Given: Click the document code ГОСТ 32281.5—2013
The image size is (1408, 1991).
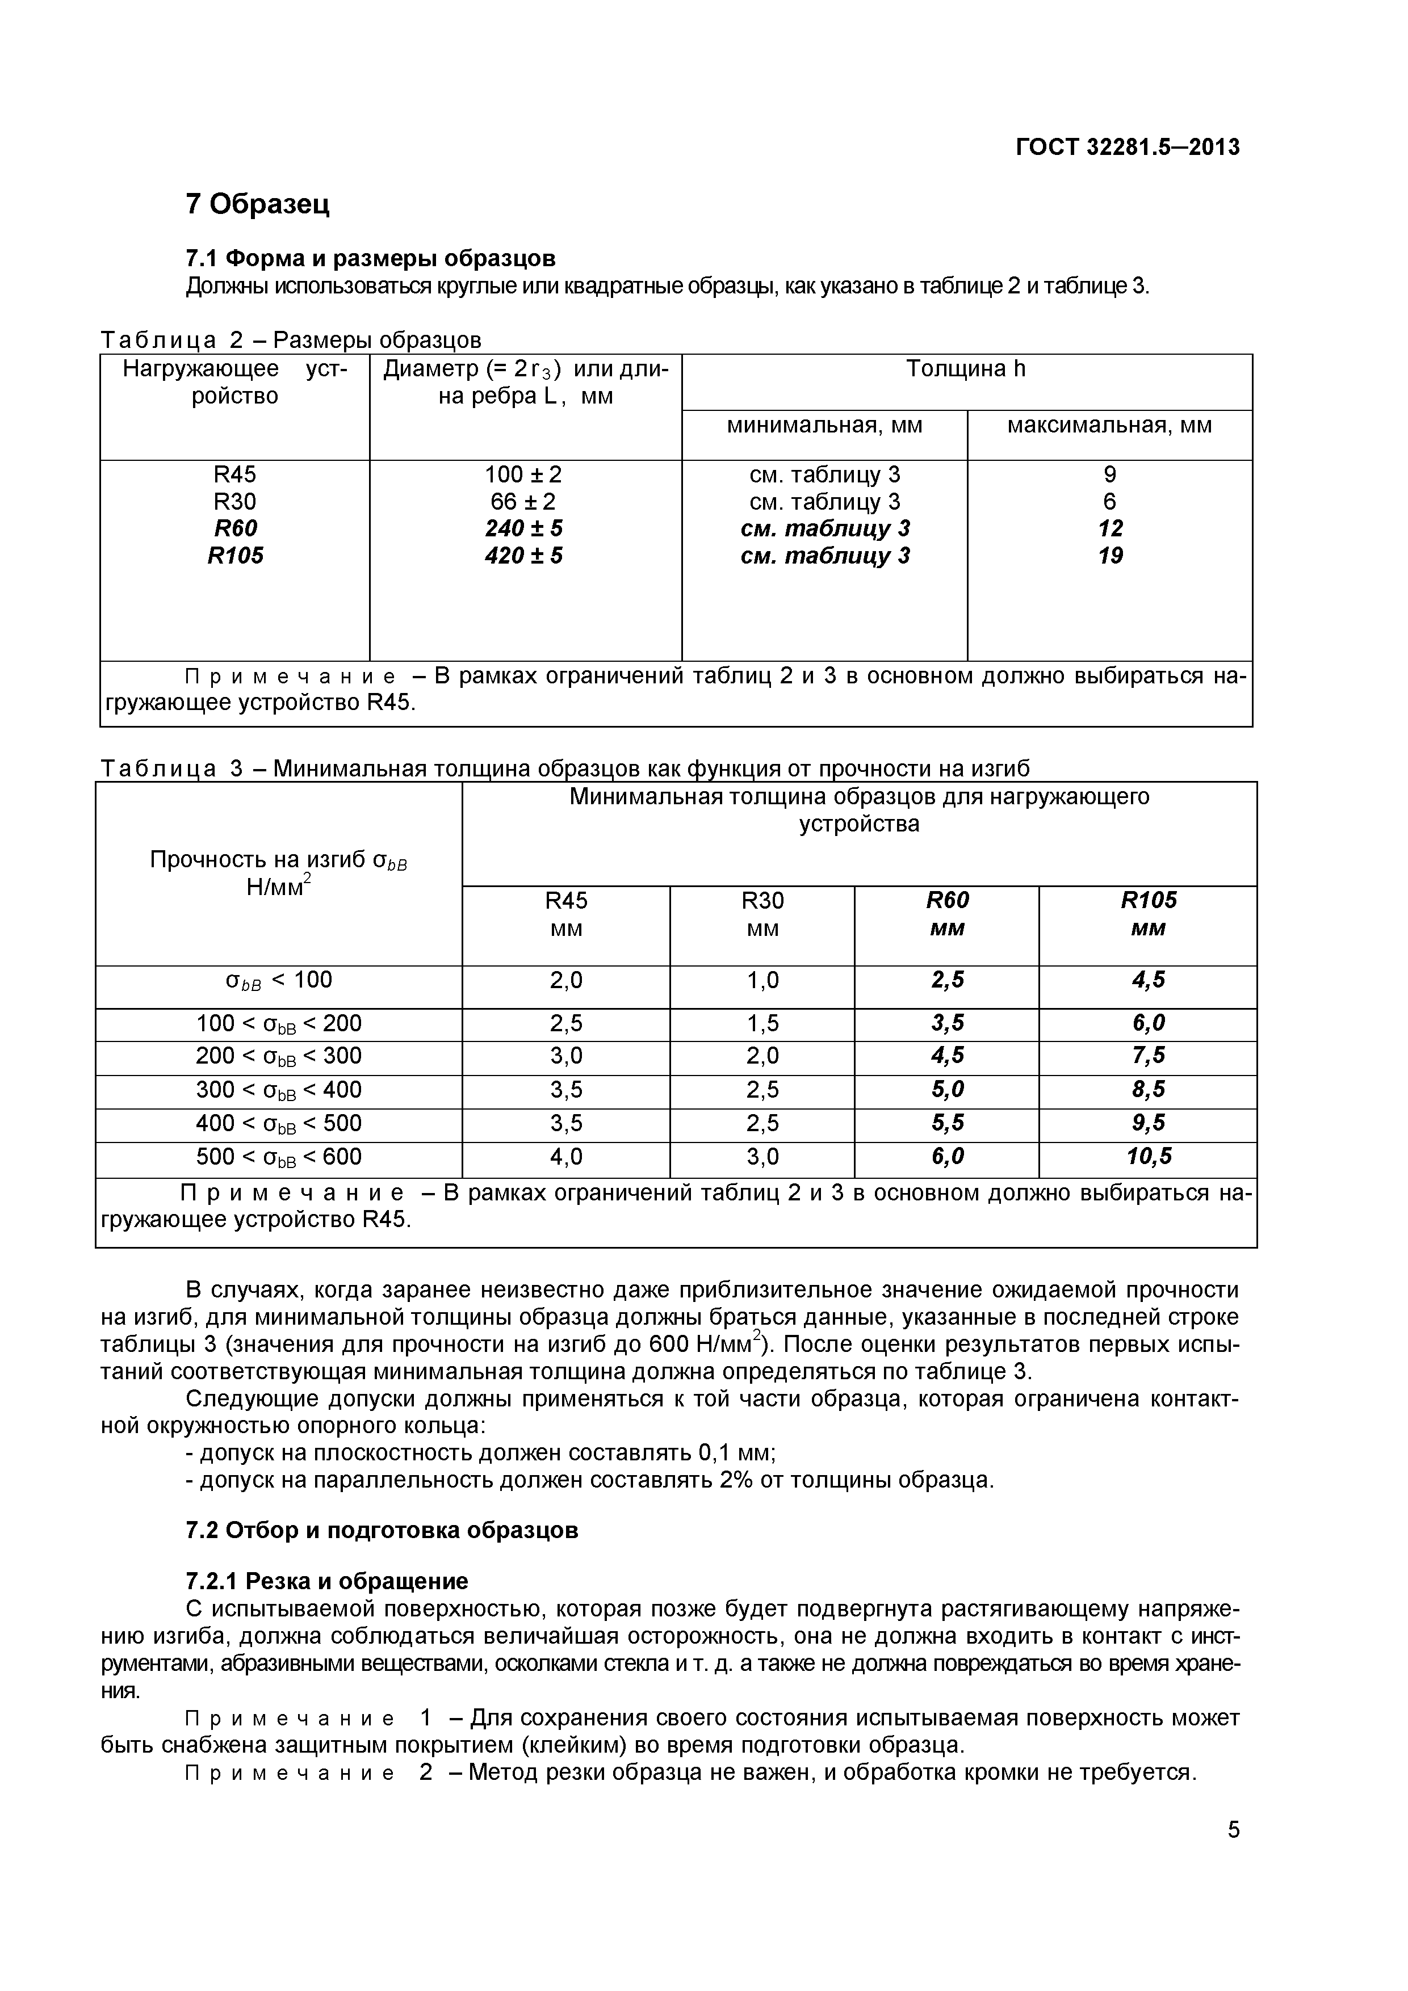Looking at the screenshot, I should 1127,148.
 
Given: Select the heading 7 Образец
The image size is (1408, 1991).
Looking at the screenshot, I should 258,205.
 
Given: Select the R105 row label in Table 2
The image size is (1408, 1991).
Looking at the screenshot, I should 235,556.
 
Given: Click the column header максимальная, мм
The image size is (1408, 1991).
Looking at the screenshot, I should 1109,426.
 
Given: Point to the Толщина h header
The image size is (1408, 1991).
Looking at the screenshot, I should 966,369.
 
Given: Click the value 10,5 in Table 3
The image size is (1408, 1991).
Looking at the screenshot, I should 1149,1156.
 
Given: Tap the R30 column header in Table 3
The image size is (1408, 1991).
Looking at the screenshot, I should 762,901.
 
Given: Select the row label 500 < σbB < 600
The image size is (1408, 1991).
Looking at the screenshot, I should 278,1157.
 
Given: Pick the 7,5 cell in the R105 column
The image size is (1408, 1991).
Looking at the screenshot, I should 1149,1055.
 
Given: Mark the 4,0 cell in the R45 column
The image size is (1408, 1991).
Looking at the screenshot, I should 565,1157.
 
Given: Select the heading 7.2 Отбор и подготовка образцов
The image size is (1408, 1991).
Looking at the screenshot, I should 382,1530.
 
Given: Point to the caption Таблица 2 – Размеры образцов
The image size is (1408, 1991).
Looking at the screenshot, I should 291,340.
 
